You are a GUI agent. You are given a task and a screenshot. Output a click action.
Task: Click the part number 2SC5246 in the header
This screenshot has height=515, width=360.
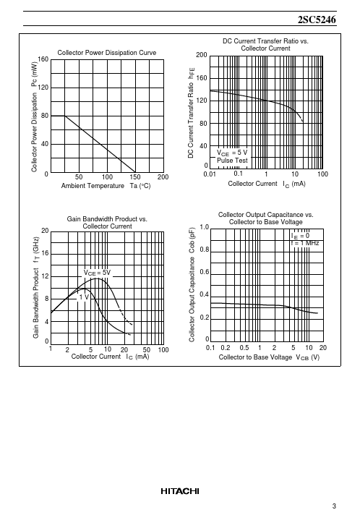coord(317,20)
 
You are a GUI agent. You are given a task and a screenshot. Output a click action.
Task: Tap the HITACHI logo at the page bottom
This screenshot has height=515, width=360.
coord(180,491)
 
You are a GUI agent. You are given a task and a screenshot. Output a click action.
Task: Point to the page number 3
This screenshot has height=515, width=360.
coord(334,506)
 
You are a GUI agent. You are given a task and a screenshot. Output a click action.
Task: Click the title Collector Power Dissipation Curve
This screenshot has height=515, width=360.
coord(107,53)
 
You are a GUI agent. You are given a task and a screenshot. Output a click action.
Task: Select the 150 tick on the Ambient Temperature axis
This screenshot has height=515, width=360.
coord(135,177)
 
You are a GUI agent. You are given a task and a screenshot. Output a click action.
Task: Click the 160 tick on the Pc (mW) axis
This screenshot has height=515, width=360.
coord(43,59)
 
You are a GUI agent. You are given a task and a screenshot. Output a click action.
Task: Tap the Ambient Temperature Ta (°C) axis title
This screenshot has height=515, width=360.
coord(106,186)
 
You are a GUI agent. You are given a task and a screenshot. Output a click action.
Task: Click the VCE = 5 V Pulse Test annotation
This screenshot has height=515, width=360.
coord(232,156)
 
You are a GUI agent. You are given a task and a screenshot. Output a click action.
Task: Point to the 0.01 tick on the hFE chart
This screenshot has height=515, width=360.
coord(210,174)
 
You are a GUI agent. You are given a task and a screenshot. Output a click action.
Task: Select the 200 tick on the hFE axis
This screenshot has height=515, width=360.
coord(202,55)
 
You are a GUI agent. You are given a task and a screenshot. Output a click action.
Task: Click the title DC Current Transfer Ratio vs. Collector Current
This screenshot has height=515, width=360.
coord(265,45)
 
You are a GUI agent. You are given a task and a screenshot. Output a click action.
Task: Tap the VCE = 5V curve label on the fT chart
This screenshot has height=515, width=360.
coord(97,273)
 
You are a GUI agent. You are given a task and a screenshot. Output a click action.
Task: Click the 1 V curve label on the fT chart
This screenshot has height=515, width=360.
coord(85,297)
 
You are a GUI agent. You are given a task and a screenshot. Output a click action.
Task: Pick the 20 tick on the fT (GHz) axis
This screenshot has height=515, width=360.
coord(45,231)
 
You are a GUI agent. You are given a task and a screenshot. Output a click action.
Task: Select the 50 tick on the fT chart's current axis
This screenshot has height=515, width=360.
coord(146,350)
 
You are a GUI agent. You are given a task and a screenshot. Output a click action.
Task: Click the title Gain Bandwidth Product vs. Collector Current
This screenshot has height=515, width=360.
coord(107,223)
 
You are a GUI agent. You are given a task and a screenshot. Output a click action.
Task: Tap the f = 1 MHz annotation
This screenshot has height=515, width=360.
coord(305,243)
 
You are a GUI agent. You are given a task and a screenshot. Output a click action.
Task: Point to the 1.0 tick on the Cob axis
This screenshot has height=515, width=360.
coord(204,227)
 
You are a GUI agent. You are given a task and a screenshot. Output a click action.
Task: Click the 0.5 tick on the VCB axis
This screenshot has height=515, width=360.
coord(244,348)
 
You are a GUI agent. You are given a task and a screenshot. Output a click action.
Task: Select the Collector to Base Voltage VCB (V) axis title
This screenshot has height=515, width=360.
coord(269,357)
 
